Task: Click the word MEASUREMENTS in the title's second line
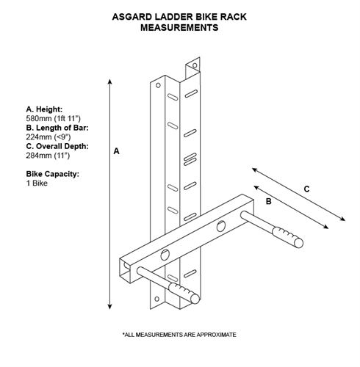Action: (179, 28)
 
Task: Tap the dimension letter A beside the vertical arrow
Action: (116, 151)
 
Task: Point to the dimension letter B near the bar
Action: (269, 201)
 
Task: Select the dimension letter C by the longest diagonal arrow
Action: (306, 189)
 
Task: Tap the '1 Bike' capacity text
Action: (37, 183)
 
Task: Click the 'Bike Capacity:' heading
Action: (53, 174)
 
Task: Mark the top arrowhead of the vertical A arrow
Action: (110, 81)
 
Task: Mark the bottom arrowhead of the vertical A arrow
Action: (109, 307)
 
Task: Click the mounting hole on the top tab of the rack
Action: (195, 65)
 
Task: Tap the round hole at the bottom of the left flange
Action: (157, 299)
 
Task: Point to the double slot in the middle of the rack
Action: (190, 159)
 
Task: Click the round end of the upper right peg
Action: (298, 243)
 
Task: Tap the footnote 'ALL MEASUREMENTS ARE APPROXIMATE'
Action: (180, 335)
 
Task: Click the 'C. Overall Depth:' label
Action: (57, 146)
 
